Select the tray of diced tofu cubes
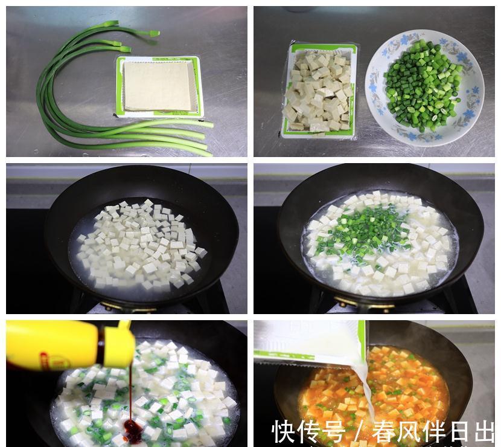319,91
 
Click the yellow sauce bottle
66,345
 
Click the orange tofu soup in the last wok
410,381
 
